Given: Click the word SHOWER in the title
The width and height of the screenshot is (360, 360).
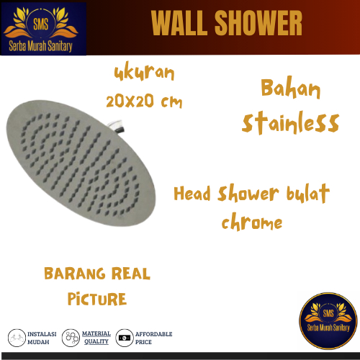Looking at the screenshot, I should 258,24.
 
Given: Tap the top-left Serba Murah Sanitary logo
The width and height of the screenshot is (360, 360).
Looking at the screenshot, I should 43,28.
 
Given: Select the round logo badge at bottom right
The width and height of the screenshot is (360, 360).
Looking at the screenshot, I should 328,321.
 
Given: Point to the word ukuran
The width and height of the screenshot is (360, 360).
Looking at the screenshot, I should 144,73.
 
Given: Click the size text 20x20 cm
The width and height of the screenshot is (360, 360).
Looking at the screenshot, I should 143,102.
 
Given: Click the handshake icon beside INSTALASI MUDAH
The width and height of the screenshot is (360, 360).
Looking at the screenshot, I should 17,337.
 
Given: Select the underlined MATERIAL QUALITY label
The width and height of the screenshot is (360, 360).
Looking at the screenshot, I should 96,337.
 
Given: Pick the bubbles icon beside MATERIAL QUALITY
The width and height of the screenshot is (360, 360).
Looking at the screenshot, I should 71,337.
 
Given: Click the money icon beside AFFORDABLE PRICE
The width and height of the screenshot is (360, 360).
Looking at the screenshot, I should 125,337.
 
